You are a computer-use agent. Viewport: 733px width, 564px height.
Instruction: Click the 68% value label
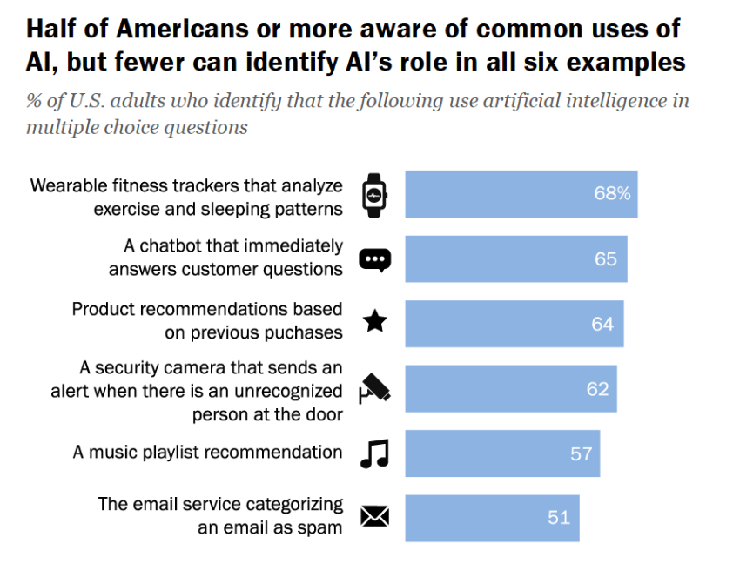pos(612,193)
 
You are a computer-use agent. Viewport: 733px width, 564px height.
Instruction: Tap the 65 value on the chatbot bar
pos(606,259)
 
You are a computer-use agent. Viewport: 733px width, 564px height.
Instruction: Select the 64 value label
pos(602,324)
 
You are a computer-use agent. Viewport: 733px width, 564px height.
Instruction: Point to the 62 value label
pos(597,388)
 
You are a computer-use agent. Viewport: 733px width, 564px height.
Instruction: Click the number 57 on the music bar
pos(581,453)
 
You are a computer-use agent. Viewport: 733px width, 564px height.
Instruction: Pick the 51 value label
pos(559,517)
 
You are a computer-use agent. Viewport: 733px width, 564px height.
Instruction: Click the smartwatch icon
pos(375,194)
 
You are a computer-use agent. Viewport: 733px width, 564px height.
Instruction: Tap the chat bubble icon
pos(375,259)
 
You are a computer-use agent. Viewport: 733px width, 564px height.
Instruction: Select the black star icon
pos(375,323)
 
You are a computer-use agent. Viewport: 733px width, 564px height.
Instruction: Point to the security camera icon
pos(375,388)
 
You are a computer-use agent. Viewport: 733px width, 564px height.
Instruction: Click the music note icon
pos(375,453)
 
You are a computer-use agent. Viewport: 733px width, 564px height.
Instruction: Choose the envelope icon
pos(375,517)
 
